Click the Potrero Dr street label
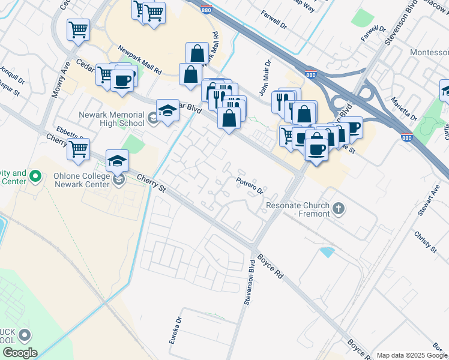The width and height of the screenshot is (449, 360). pyautogui.click(x=250, y=186)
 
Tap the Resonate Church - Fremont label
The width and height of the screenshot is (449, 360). pyautogui.click(x=298, y=209)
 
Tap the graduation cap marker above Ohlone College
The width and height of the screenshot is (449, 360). pyautogui.click(x=118, y=160)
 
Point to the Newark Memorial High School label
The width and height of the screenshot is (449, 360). pyautogui.click(x=111, y=119)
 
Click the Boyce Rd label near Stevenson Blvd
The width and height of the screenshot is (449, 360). pyautogui.click(x=270, y=266)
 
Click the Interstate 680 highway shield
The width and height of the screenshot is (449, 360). pyautogui.click(x=406, y=138)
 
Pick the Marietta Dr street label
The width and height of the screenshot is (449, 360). pyautogui.click(x=403, y=108)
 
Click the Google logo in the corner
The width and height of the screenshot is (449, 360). pyautogui.click(x=19, y=353)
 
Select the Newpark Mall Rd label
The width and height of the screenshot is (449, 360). pyautogui.click(x=140, y=59)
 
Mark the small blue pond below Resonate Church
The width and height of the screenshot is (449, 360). pyautogui.click(x=327, y=252)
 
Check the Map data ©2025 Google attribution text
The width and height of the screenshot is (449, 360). pyautogui.click(x=412, y=355)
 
